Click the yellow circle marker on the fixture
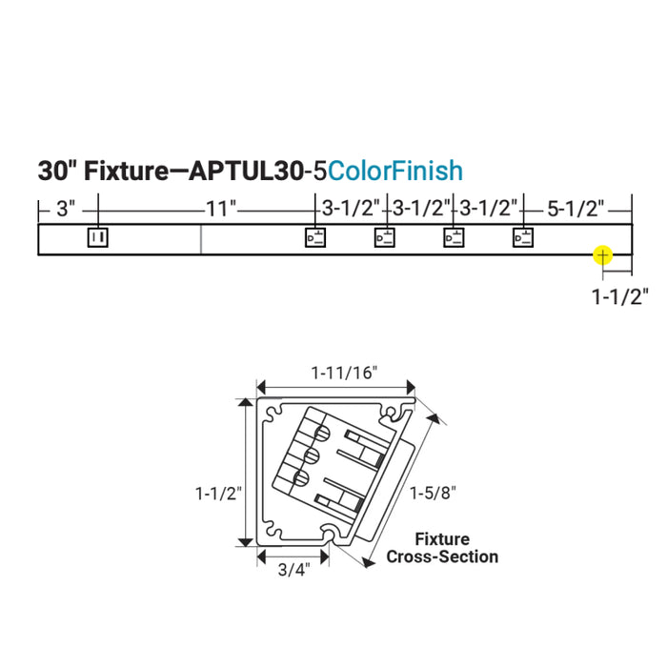coord(603,255)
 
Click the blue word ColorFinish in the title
coord(395,171)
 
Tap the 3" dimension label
coord(66,210)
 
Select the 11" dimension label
coord(221,210)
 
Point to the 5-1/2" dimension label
coord(576,209)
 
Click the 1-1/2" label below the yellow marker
coord(620,296)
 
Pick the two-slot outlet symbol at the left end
coord(98,237)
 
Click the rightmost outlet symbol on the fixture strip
coord(523,237)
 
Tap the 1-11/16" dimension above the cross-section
coord(345,374)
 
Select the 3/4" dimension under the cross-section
coord(293,570)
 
